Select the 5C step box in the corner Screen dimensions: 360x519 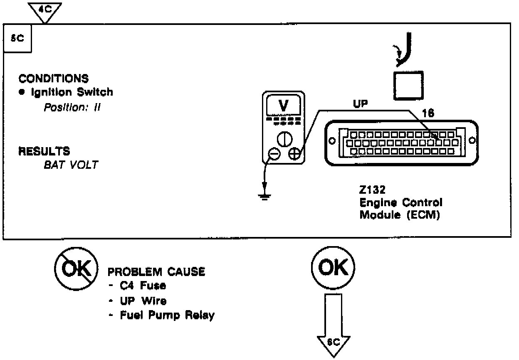(x=17, y=38)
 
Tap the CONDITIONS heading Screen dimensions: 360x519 (x=53, y=79)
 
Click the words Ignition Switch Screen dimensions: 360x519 (x=72, y=92)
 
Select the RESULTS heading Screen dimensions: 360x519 (x=44, y=151)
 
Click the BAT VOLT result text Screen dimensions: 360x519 (x=71, y=165)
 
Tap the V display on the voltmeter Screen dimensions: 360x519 (x=283, y=106)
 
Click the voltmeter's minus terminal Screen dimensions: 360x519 (x=274, y=153)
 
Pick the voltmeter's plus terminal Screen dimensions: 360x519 (x=294, y=153)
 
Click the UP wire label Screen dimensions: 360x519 (x=360, y=104)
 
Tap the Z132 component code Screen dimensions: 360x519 (x=373, y=190)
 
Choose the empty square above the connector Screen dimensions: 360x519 (x=408, y=85)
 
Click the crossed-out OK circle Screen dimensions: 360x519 (x=77, y=270)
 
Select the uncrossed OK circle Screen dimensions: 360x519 (x=333, y=270)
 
